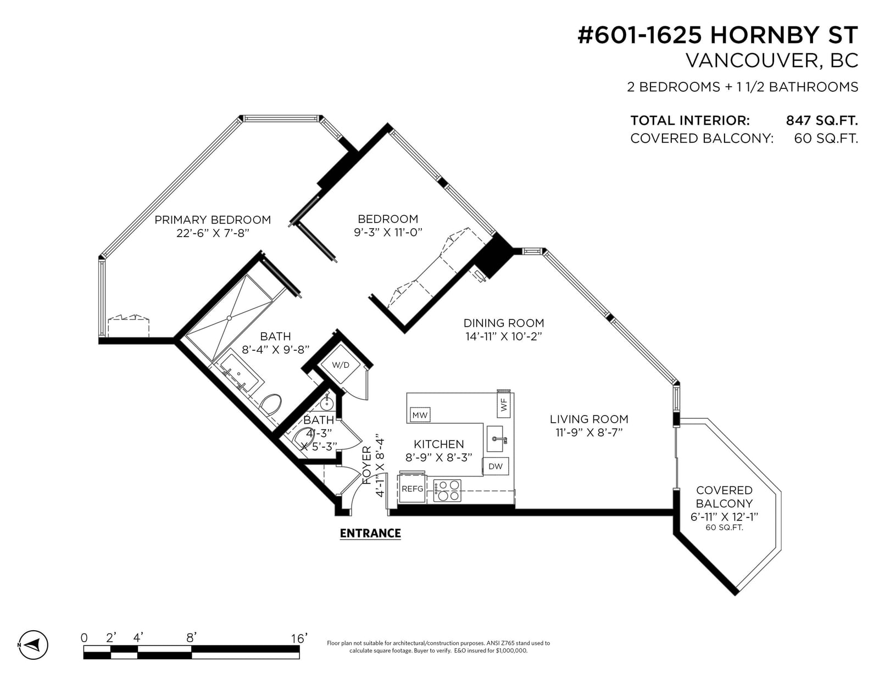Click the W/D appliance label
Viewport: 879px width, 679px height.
coord(341,365)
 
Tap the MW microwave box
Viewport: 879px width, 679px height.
coord(420,415)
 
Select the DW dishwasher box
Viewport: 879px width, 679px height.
coord(496,467)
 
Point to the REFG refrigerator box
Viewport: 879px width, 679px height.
coord(412,489)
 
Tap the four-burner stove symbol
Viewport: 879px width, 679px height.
coord(447,491)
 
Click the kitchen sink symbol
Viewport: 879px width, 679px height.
coord(495,439)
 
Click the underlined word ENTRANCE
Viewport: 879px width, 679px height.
coord(370,534)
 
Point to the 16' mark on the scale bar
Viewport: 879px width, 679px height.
coord(299,638)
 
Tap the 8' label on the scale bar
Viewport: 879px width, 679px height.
coord(191,638)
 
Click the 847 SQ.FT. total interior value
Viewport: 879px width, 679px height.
coord(822,120)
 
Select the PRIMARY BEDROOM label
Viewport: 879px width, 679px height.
coord(213,220)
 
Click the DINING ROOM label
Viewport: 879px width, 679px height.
coord(504,323)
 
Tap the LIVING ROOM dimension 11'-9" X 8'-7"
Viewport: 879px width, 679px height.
coord(589,433)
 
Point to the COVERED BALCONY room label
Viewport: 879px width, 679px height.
coord(724,497)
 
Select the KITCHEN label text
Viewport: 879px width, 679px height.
coord(439,444)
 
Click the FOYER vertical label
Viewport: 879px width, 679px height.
coord(366,465)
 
